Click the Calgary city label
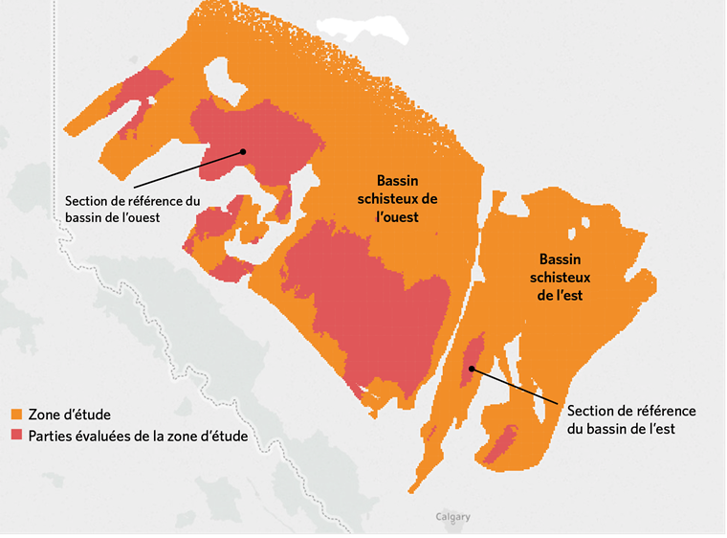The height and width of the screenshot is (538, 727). pyautogui.click(x=452, y=517)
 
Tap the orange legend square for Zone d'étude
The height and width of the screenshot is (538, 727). pyautogui.click(x=16, y=415)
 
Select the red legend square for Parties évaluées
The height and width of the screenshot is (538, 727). pyautogui.click(x=16, y=437)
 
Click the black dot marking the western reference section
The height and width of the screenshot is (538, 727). pyautogui.click(x=244, y=150)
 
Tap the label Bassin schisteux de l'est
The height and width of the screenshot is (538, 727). pyautogui.click(x=561, y=277)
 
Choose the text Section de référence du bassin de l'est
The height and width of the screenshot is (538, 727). pyautogui.click(x=630, y=419)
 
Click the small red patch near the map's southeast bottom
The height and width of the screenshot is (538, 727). pyautogui.click(x=501, y=446)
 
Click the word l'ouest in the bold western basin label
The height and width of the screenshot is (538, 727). pyautogui.click(x=398, y=217)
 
